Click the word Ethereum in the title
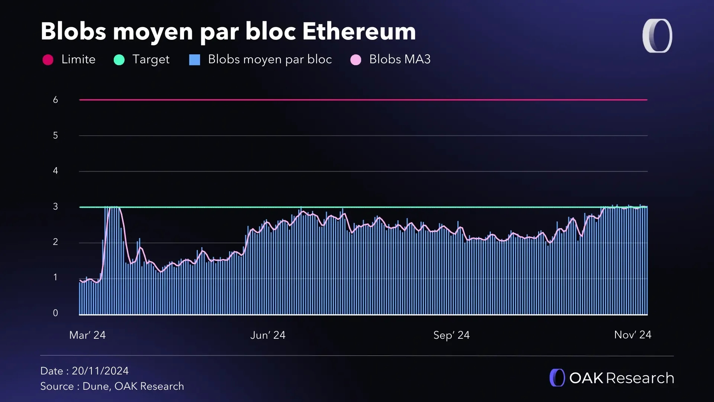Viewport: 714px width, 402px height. [359, 31]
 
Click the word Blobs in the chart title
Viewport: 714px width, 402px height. [73, 31]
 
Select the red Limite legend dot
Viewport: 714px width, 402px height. [48, 60]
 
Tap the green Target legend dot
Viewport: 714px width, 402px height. [119, 60]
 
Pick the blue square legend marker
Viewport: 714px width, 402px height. [194, 60]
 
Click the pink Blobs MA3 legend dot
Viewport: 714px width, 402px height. [356, 60]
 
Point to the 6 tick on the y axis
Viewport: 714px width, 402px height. [55, 100]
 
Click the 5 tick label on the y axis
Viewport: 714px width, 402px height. [55, 135]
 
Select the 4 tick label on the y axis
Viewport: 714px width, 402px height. [55, 171]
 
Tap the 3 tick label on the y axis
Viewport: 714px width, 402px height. [55, 207]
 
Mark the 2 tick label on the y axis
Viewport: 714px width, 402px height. [55, 242]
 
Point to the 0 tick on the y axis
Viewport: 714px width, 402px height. [55, 313]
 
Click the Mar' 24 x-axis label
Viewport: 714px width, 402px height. [87, 335]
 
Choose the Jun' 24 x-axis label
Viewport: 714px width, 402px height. [268, 335]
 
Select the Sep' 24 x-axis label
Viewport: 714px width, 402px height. [451, 335]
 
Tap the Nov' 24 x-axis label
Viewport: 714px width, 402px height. [633, 335]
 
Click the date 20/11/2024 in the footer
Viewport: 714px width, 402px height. [100, 371]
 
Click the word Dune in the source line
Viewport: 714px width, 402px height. [96, 386]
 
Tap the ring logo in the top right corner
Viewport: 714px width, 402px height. [657, 36]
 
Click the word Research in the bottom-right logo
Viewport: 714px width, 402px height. [640, 378]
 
